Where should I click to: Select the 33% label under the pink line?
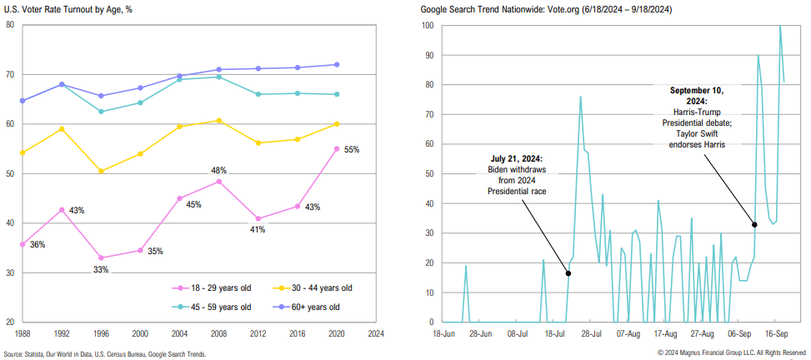[101, 269]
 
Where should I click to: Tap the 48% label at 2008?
[218, 170]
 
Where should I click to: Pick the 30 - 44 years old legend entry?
[317, 287]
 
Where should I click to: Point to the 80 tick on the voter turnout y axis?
[10, 25]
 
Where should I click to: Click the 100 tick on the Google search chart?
[427, 25]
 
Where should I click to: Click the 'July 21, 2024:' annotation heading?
[516, 158]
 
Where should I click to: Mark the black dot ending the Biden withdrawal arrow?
[568, 273]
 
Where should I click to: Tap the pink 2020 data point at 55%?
[337, 149]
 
